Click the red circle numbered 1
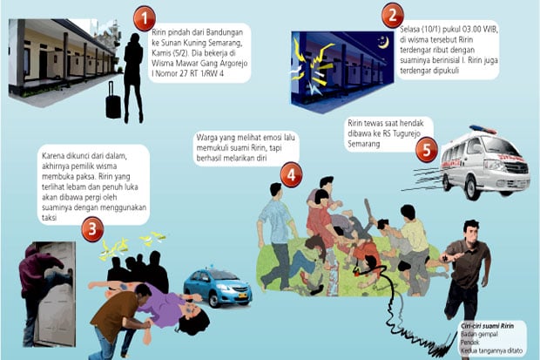(145, 18)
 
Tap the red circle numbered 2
(392, 16)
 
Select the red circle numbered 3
(92, 229)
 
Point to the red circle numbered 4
(291, 175)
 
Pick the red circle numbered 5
(427, 151)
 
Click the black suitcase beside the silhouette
(113, 101)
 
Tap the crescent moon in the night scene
(383, 43)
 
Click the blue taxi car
(218, 288)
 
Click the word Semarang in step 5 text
(364, 144)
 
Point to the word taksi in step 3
(50, 218)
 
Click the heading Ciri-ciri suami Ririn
(487, 326)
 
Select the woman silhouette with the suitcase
(133, 78)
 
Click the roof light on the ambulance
(483, 129)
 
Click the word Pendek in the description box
(469, 343)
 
